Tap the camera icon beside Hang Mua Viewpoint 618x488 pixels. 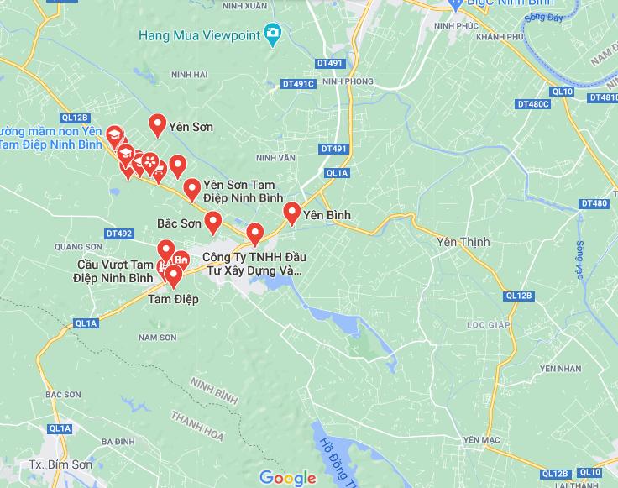click(x=273, y=34)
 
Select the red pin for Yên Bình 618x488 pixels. click(x=291, y=213)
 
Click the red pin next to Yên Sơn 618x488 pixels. click(x=157, y=124)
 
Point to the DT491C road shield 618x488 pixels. click(x=298, y=84)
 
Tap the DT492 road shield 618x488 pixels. click(x=119, y=233)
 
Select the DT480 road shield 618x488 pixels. click(x=593, y=203)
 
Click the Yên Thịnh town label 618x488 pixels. click(x=463, y=242)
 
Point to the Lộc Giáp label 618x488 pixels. click(x=488, y=323)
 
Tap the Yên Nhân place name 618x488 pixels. click(x=561, y=368)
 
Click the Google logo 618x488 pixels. click(x=288, y=478)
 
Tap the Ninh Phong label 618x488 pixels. click(x=347, y=81)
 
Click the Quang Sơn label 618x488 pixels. click(x=77, y=246)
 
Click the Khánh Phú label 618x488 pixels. click(x=500, y=36)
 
